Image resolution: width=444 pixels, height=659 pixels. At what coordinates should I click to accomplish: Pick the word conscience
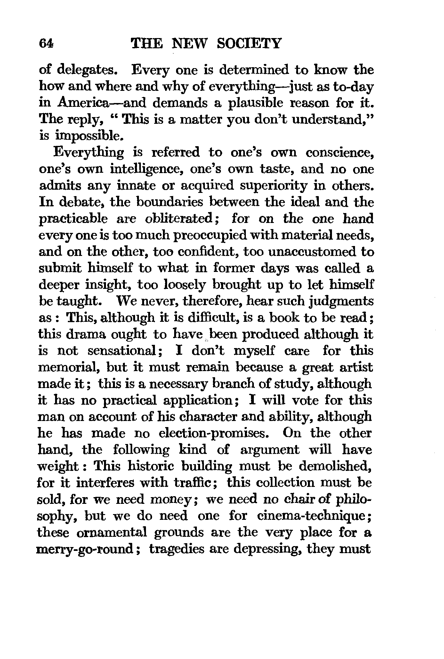click(x=340, y=153)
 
